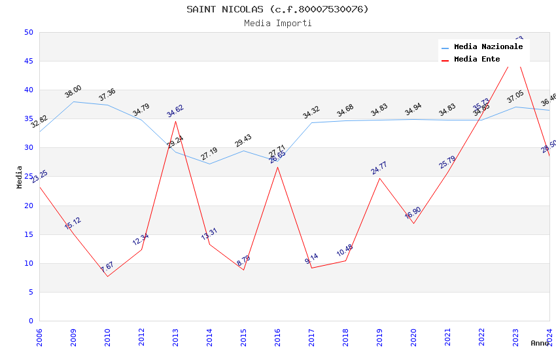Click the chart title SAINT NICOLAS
[277, 9]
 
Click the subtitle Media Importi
[277, 23]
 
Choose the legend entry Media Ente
[476, 59]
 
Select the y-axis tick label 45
[28, 62]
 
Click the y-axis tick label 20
[28, 206]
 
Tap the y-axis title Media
[20, 177]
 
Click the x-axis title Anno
[540, 343]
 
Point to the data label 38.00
[73, 92]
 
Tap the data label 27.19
[209, 154]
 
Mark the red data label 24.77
[379, 168]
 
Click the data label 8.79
[243, 261]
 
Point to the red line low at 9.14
[311, 268]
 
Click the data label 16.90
[413, 213]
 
